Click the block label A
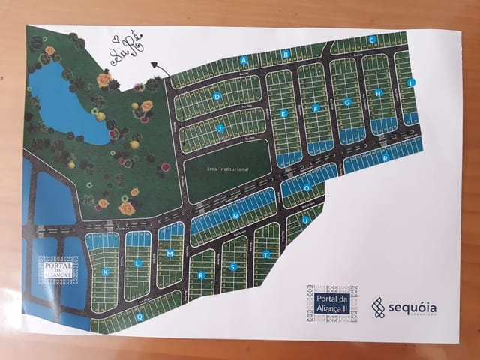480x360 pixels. point(244,59)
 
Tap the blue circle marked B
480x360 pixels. point(286,54)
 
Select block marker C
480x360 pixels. point(371,40)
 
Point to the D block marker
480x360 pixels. point(217,96)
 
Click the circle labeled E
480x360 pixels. point(283,113)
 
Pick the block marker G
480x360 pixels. point(347,102)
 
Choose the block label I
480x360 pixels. point(410,82)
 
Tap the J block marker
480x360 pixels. point(220,128)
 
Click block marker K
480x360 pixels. point(106,271)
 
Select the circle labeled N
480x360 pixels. point(235,216)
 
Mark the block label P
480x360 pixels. point(384,158)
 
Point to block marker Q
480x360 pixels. point(139,316)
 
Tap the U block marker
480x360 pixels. point(305,220)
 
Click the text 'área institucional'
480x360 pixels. point(226,170)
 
